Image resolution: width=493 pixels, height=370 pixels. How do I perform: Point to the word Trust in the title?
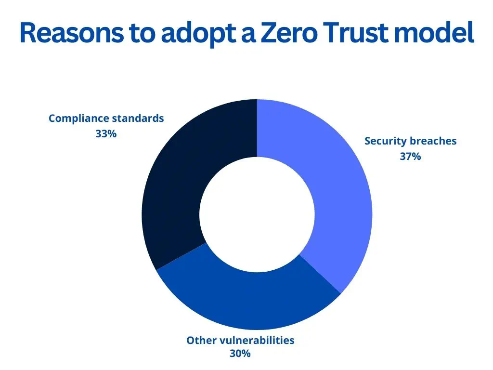tap(361, 33)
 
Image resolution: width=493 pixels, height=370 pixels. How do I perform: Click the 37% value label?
tap(410, 156)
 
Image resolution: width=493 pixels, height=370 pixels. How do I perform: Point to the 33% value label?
tap(106, 134)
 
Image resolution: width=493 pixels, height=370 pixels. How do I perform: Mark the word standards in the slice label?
tap(138, 119)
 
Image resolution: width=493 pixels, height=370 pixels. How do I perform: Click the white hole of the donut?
tap(257, 215)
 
